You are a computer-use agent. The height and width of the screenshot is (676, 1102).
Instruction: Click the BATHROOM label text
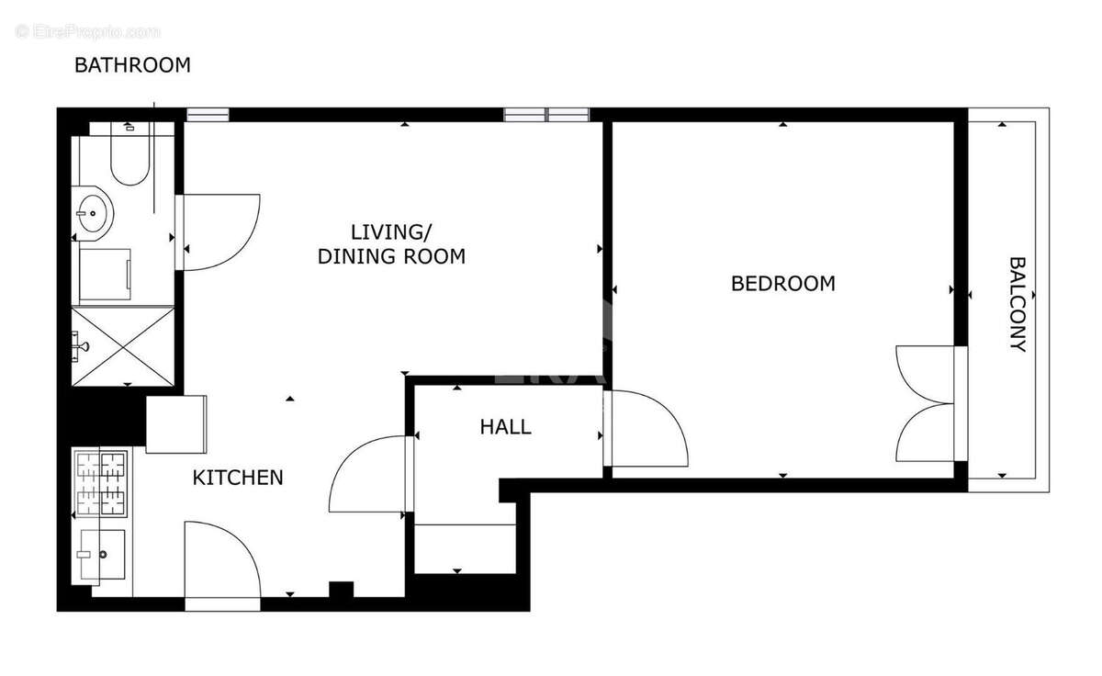tap(132, 65)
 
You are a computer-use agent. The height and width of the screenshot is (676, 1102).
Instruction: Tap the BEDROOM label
tap(783, 284)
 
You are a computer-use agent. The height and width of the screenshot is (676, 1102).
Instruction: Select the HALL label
tap(506, 427)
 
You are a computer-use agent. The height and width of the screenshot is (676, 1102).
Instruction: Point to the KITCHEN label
tap(238, 478)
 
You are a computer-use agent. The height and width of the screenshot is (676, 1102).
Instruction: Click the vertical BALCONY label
tap(1018, 304)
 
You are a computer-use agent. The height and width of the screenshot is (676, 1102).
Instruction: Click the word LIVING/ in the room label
tap(391, 232)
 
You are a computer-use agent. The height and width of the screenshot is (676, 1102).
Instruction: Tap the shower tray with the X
tap(123, 346)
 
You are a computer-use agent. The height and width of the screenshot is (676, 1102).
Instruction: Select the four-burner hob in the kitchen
tap(101, 483)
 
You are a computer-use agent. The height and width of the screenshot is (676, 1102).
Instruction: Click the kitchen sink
tap(98, 555)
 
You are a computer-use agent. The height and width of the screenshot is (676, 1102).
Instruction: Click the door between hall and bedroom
tap(646, 429)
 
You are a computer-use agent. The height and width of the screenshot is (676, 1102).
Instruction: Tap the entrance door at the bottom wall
tap(222, 566)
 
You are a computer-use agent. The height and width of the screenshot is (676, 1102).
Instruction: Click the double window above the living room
tap(546, 115)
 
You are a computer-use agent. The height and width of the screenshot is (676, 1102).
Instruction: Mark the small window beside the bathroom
tap(208, 115)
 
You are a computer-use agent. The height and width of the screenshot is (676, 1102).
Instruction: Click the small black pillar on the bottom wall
tap(341, 590)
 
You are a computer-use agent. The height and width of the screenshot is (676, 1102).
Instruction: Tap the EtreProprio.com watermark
tap(87, 31)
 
